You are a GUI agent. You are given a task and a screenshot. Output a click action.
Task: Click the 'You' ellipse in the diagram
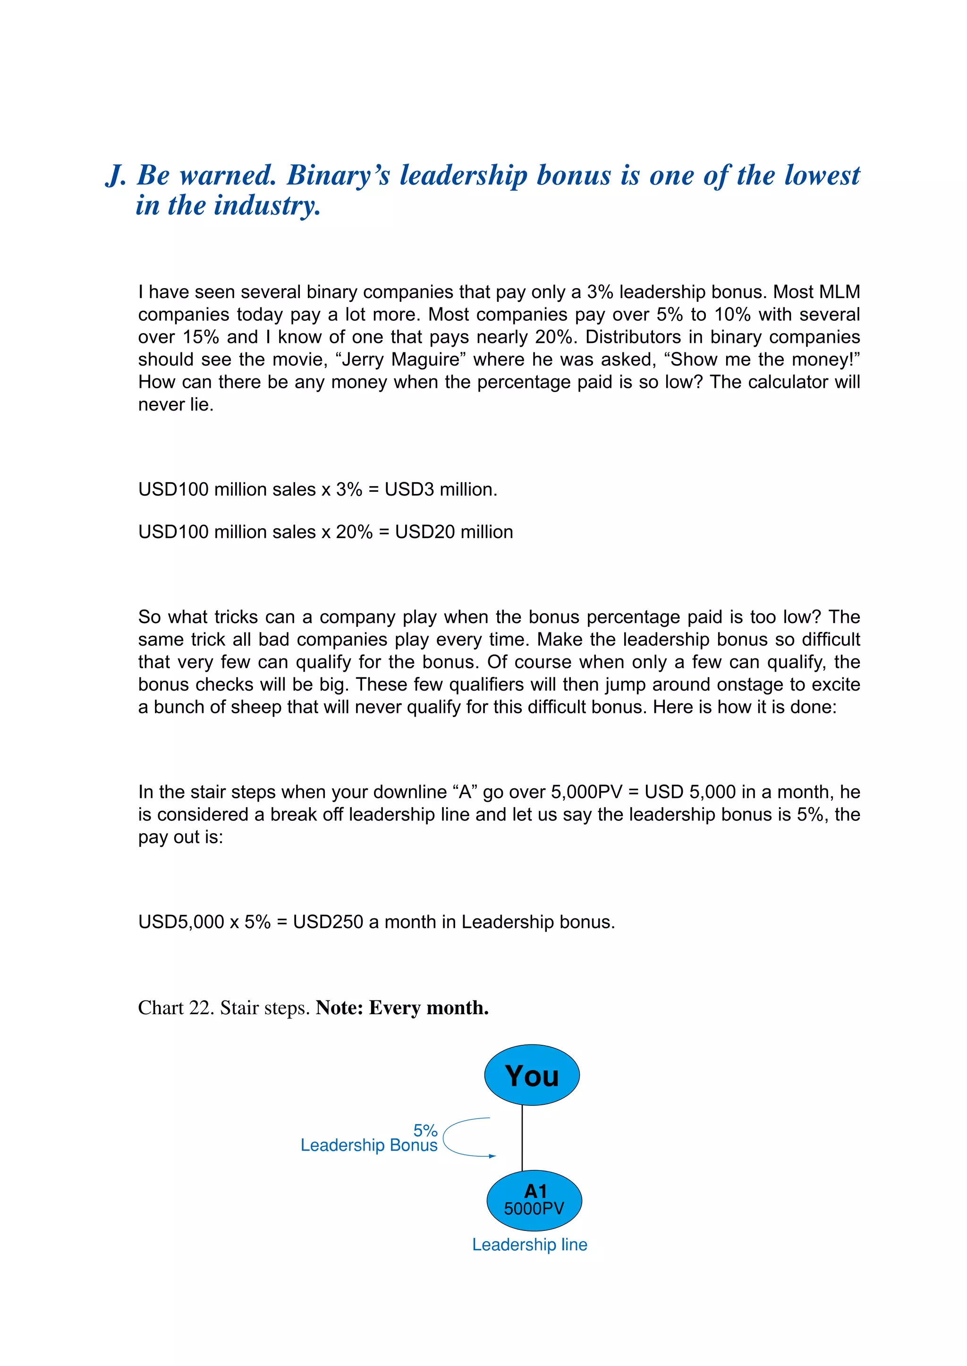pyautogui.click(x=532, y=1076)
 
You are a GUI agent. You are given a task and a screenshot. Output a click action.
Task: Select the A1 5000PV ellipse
pyautogui.click(x=534, y=1200)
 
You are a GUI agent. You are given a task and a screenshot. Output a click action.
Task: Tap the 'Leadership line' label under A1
pyautogui.click(x=529, y=1245)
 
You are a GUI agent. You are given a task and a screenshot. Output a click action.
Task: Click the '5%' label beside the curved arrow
pyautogui.click(x=425, y=1130)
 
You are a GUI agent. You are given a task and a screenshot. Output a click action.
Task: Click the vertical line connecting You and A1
pyautogui.click(x=522, y=1138)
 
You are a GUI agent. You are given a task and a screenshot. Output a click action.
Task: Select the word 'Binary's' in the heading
pyautogui.click(x=338, y=176)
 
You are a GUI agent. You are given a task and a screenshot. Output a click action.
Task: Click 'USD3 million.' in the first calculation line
pyautogui.click(x=441, y=489)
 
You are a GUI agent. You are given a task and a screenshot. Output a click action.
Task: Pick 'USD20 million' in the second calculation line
pyautogui.click(x=454, y=531)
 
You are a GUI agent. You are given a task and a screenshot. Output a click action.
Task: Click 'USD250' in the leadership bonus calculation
pyautogui.click(x=328, y=922)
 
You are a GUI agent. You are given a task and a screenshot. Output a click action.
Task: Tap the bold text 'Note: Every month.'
pyautogui.click(x=402, y=1007)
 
